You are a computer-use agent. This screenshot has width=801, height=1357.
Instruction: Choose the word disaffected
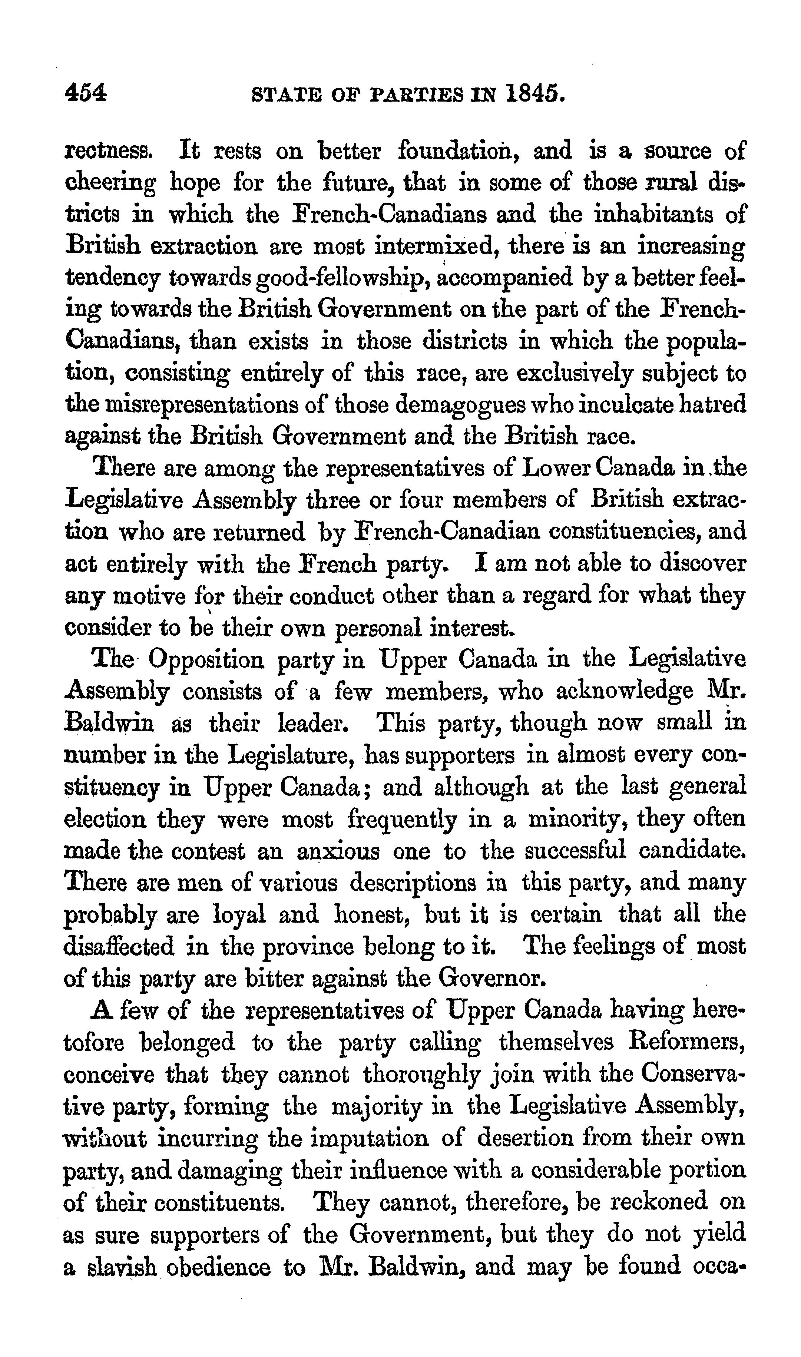pos(119,946)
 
